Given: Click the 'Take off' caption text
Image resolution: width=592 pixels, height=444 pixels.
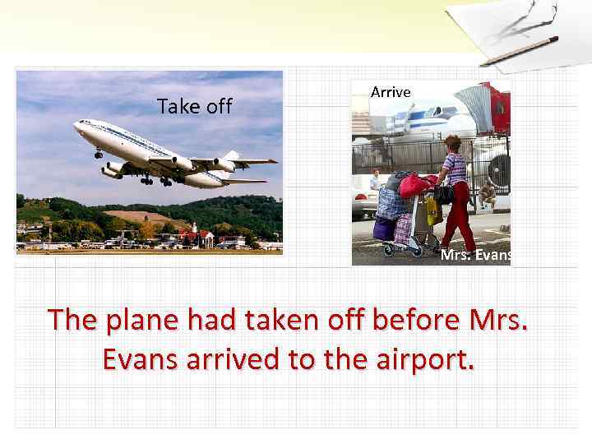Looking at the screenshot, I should pyautogui.click(x=195, y=106).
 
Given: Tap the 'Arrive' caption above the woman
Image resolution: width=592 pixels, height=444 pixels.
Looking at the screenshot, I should pyautogui.click(x=391, y=92).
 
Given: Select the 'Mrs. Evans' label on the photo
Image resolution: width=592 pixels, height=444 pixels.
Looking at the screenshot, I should pyautogui.click(x=476, y=255).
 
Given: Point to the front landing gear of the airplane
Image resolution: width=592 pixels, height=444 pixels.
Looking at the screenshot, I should pyautogui.click(x=99, y=153).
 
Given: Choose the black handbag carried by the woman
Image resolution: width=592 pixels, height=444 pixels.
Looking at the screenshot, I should pyautogui.click(x=444, y=194).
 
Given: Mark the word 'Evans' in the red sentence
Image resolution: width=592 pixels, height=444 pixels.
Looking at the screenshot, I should pyautogui.click(x=140, y=359).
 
